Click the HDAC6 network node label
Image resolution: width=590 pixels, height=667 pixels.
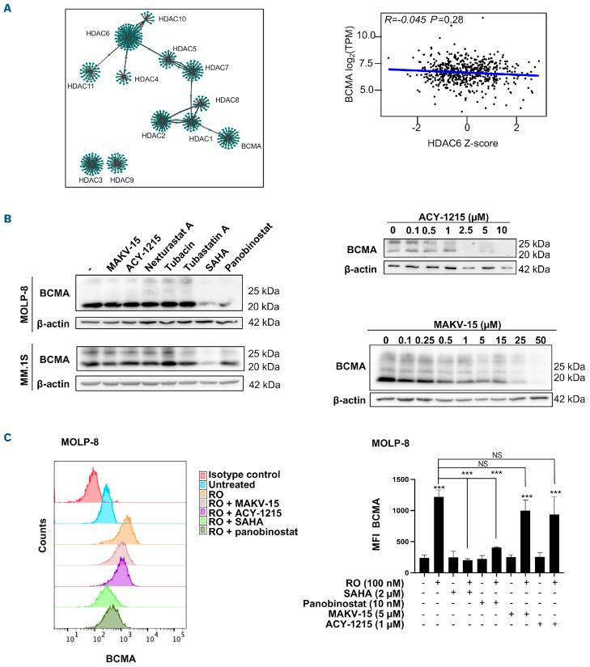click(97, 34)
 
